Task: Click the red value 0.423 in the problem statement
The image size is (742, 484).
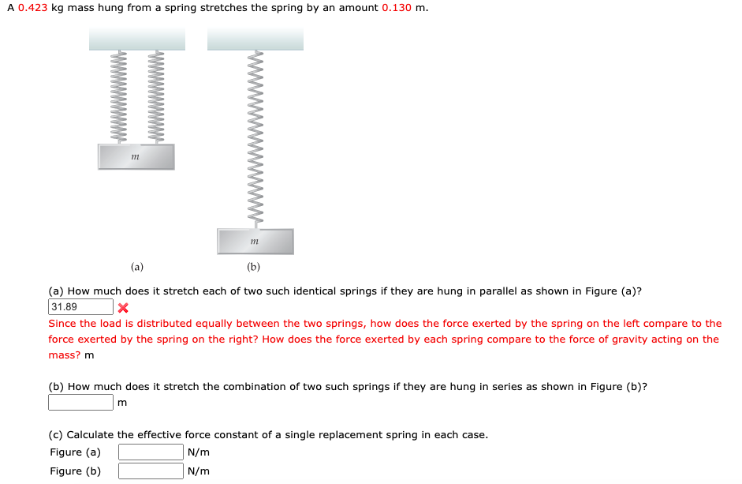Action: [32, 8]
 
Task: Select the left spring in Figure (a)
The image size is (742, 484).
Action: [122, 97]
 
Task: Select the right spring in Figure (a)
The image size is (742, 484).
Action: [156, 97]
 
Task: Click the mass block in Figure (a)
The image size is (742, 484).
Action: [136, 157]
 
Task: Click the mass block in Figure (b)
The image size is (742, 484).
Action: [255, 242]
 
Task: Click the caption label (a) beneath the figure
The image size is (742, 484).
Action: [137, 267]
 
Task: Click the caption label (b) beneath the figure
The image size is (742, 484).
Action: [253, 267]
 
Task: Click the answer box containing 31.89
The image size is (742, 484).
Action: [80, 307]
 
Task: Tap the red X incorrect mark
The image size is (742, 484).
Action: [123, 308]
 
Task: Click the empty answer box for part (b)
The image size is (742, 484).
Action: [80, 403]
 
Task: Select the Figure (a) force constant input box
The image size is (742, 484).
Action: [151, 452]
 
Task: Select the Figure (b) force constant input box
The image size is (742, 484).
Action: [151, 471]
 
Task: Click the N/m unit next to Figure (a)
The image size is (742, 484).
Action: [199, 452]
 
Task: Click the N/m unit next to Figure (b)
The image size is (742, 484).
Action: [199, 471]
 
